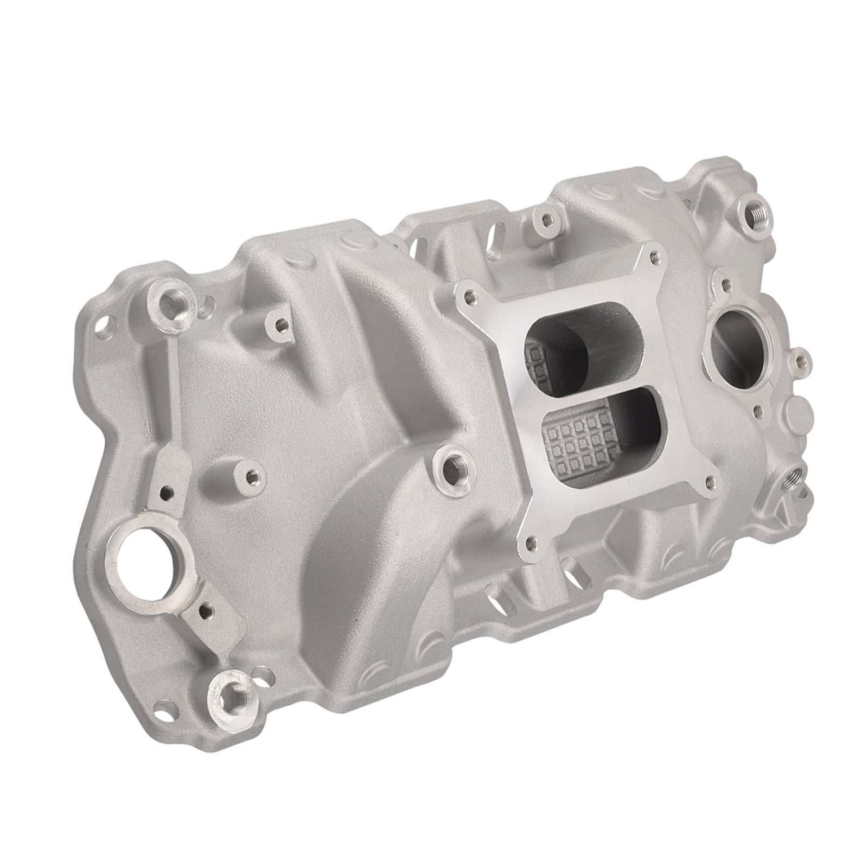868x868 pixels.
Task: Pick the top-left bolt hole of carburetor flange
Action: [x=468, y=296]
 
